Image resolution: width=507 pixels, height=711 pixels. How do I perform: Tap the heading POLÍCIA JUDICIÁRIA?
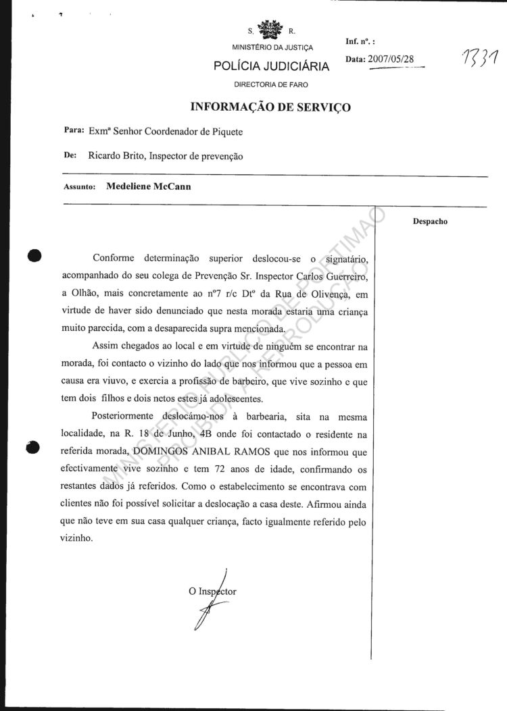(272, 66)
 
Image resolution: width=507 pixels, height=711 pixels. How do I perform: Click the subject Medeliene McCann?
(149, 187)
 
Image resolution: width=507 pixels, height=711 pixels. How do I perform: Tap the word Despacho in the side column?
(430, 221)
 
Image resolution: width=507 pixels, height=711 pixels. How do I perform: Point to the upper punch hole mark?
(33, 255)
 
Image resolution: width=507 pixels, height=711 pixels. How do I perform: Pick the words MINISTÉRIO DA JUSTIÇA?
(272, 48)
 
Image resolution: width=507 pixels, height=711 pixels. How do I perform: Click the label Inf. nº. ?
(360, 42)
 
